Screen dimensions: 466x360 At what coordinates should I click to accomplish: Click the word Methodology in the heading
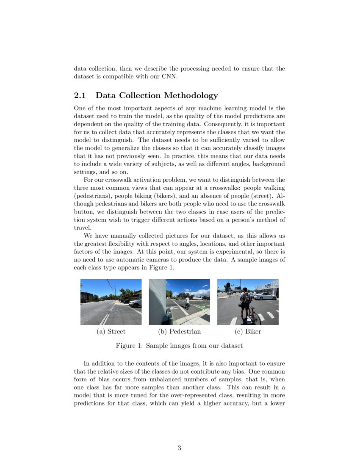(191, 96)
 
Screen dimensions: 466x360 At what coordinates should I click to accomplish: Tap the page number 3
(180, 448)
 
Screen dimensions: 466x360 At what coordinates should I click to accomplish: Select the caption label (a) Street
(111, 331)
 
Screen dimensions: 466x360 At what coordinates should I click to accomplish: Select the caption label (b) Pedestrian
(179, 331)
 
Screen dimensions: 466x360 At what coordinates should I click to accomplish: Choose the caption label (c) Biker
(248, 331)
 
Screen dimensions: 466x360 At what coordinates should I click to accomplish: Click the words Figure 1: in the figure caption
(130, 346)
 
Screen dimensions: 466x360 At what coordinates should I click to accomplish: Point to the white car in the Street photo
(136, 302)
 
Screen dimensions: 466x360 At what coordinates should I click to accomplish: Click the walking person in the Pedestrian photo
(187, 302)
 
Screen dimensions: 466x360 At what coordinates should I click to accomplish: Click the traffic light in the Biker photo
(228, 286)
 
